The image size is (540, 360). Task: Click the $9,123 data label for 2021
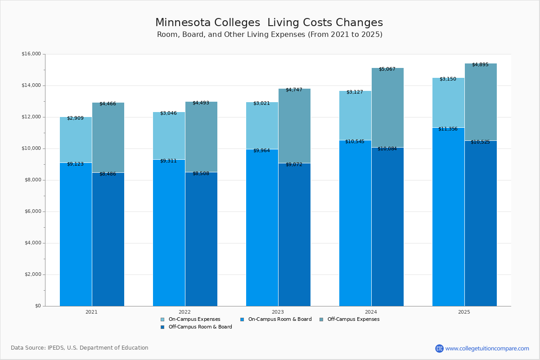pos(75,164)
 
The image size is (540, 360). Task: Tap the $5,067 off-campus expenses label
pos(387,69)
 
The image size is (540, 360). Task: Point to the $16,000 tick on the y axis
pos(31,54)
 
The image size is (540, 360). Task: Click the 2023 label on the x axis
pos(278,311)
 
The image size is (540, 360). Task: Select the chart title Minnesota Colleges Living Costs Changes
pos(269,22)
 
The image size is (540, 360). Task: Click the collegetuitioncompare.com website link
pos(487,348)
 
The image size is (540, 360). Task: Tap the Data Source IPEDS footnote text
pos(80,348)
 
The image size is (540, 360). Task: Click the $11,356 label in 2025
pos(448,129)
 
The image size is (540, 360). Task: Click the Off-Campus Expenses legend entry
pos(353,319)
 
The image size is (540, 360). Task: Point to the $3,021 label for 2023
pos(261,103)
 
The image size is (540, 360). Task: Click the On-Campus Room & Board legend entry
pos(279,319)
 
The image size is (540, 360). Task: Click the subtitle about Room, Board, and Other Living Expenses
pos(269,35)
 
